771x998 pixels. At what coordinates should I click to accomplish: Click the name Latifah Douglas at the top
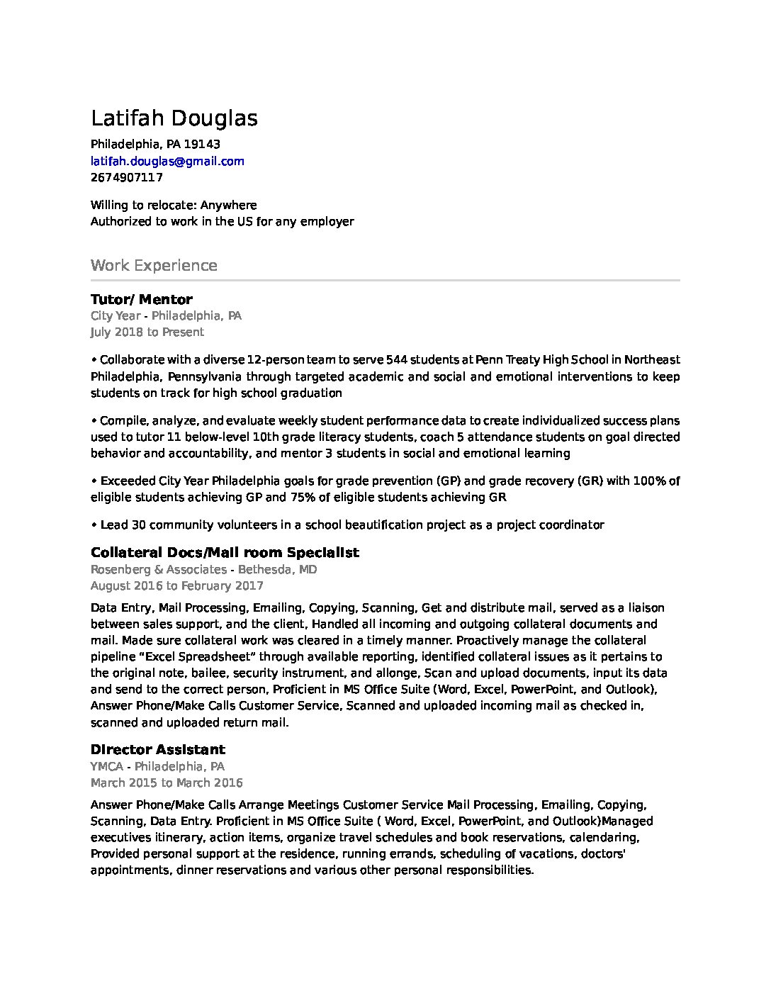click(x=174, y=118)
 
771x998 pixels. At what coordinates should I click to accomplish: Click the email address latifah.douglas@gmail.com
click(x=167, y=161)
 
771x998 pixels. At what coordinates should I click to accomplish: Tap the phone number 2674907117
click(x=127, y=177)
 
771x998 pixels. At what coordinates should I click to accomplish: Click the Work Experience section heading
click(x=154, y=266)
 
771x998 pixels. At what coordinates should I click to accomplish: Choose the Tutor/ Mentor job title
click(x=142, y=299)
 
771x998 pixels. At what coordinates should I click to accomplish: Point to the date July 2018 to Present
click(x=147, y=332)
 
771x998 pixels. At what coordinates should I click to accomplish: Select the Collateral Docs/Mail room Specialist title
click(x=225, y=552)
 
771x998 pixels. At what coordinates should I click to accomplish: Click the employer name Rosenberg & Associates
click(x=159, y=569)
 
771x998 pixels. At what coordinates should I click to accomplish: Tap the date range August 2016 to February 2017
click(x=177, y=585)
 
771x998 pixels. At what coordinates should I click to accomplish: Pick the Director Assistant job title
click(x=158, y=749)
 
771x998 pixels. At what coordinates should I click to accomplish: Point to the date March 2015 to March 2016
click(x=167, y=783)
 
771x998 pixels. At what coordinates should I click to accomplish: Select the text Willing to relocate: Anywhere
click(x=174, y=205)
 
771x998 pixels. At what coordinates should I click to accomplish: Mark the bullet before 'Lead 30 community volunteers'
click(x=94, y=525)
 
